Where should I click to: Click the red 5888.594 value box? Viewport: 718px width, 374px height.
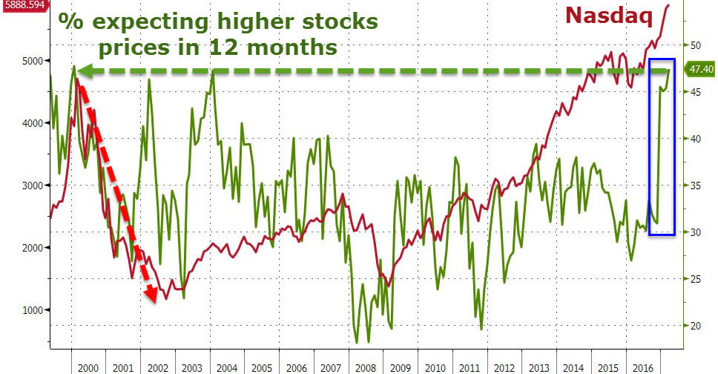pyautogui.click(x=22, y=5)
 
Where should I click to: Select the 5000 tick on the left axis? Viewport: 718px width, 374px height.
pyautogui.click(x=34, y=61)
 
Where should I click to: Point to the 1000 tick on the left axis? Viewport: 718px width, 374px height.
pyautogui.click(x=34, y=310)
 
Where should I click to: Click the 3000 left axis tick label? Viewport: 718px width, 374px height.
pyautogui.click(x=34, y=186)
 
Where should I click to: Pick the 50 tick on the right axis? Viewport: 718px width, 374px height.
pyautogui.click(x=695, y=45)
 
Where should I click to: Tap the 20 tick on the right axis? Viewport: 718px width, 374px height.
pyautogui.click(x=695, y=326)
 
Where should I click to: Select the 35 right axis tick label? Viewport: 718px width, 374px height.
pyautogui.click(x=695, y=186)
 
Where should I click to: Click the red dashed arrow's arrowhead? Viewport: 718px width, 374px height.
pyautogui.click(x=152, y=295)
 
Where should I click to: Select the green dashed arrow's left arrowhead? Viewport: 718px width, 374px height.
pyautogui.click(x=85, y=71)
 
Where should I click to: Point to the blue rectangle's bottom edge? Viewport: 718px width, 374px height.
pyautogui.click(x=662, y=234)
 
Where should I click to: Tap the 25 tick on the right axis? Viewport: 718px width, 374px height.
pyautogui.click(x=695, y=279)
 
